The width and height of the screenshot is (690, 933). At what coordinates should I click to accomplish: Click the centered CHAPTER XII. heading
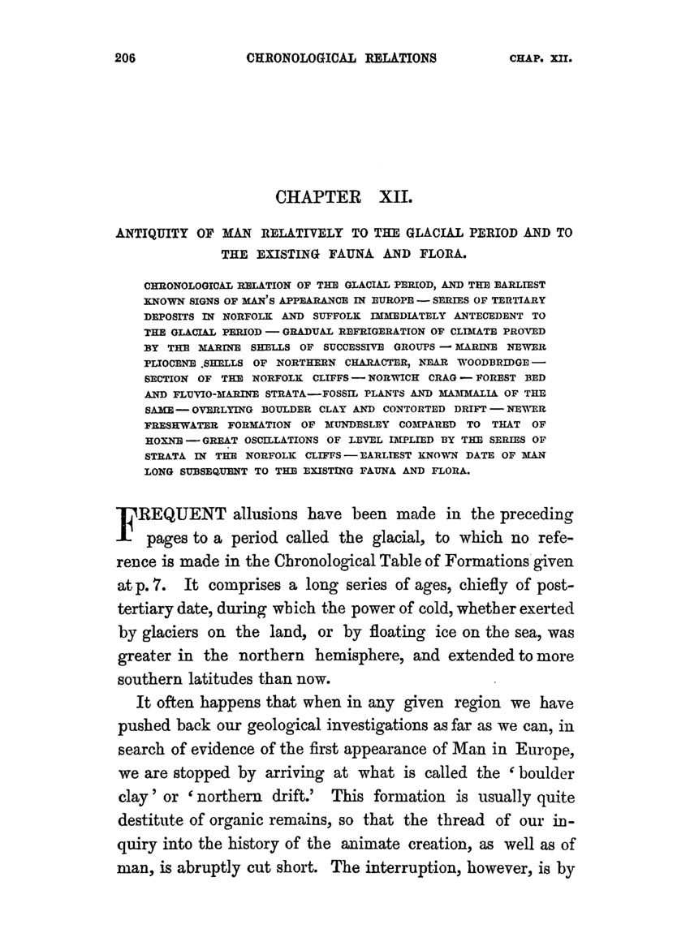coord(345,198)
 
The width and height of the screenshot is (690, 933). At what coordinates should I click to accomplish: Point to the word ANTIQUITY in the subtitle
coord(153,233)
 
